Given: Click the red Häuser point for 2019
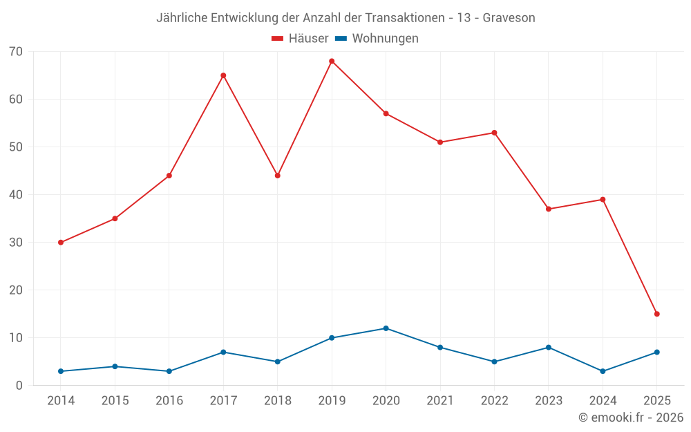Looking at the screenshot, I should [x=332, y=62].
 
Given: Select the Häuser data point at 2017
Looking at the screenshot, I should [x=223, y=75].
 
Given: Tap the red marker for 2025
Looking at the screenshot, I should [x=657, y=314].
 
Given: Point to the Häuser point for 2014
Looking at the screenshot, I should [x=61, y=243].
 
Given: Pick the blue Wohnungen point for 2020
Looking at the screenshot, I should [x=386, y=328].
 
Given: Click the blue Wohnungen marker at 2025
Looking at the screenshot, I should [x=657, y=353].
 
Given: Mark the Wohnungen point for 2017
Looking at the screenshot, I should [x=223, y=353].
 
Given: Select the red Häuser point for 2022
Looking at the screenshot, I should [x=494, y=133].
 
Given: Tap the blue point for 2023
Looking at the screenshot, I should [x=549, y=348].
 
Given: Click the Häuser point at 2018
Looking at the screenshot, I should [x=278, y=176].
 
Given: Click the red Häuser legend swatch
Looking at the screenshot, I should [x=278, y=39].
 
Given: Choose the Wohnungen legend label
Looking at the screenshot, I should [x=385, y=39].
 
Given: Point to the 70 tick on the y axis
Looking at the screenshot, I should [x=16, y=52].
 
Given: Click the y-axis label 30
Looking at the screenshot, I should [x=16, y=243].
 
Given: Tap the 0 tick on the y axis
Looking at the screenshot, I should [x=19, y=386].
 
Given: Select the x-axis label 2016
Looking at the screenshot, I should [x=169, y=401].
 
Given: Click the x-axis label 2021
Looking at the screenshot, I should [x=440, y=401].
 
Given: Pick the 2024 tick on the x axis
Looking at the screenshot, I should [x=603, y=401].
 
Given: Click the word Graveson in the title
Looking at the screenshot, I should [x=509, y=18].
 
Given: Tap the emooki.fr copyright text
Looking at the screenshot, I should [x=631, y=417].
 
